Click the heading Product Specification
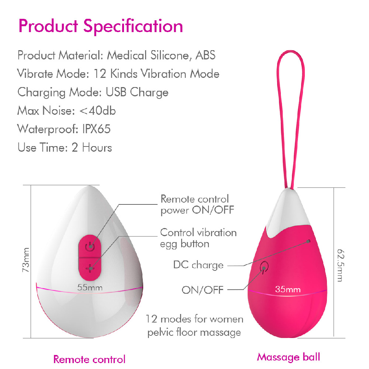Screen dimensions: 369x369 (x=101, y=27)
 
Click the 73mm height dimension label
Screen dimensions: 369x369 (x=26, y=260)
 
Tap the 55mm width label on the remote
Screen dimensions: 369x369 (x=90, y=287)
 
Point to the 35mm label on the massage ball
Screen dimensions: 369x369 (x=288, y=289)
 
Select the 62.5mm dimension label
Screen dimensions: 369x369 (x=341, y=265)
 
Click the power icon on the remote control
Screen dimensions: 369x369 (x=90, y=246)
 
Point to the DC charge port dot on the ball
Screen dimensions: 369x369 (x=309, y=241)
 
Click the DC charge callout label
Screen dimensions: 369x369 (x=198, y=265)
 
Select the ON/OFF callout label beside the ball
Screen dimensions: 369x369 (x=202, y=290)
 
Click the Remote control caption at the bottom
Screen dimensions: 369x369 (x=89, y=359)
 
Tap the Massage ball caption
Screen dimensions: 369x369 (x=289, y=357)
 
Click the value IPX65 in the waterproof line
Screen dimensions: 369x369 (x=96, y=129)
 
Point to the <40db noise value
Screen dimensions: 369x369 (x=97, y=111)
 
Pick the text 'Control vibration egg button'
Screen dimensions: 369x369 (x=198, y=238)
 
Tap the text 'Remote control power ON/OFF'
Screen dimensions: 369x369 (x=197, y=204)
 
